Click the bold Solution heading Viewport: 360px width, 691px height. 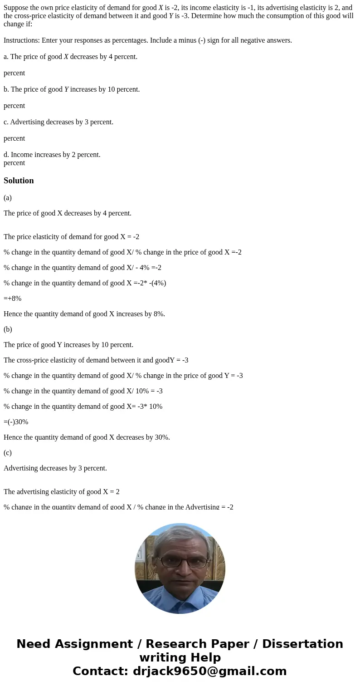pyautogui.click(x=19, y=181)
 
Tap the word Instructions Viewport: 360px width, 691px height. pyautogui.click(x=21, y=40)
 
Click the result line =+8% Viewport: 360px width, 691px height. pyautogui.click(x=13, y=299)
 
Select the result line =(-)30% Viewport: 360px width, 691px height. pyautogui.click(x=16, y=422)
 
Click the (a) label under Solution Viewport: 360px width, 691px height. pyautogui.click(x=8, y=198)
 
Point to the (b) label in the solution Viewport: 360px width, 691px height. pyautogui.click(x=8, y=329)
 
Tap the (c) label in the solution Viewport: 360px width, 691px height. pyautogui.click(x=8, y=453)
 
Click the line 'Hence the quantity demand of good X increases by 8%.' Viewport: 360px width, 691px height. pyautogui.click(x=84, y=314)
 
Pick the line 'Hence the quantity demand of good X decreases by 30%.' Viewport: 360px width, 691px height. pyautogui.click(x=87, y=437)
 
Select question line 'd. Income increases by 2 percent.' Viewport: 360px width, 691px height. pyautogui.click(x=52, y=155)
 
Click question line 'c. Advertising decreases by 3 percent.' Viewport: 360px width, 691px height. pyautogui.click(x=58, y=122)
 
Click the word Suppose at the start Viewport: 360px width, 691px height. pyautogui.click(x=16, y=8)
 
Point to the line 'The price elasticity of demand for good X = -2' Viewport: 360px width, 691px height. pyautogui.click(x=71, y=237)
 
